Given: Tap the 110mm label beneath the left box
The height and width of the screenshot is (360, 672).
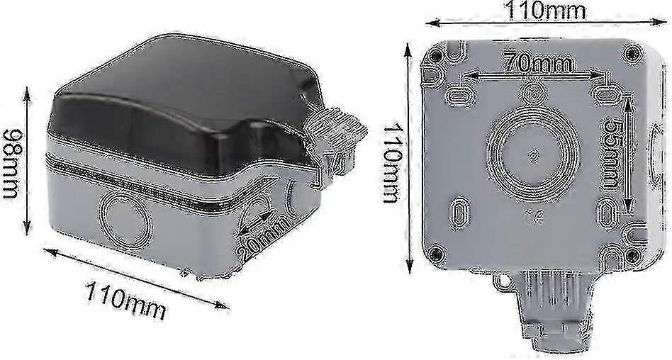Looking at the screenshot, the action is click(x=125, y=300).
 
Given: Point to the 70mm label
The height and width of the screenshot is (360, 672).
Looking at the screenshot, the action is click(x=537, y=64).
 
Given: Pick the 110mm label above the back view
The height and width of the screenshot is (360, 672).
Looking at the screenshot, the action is click(x=546, y=10).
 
